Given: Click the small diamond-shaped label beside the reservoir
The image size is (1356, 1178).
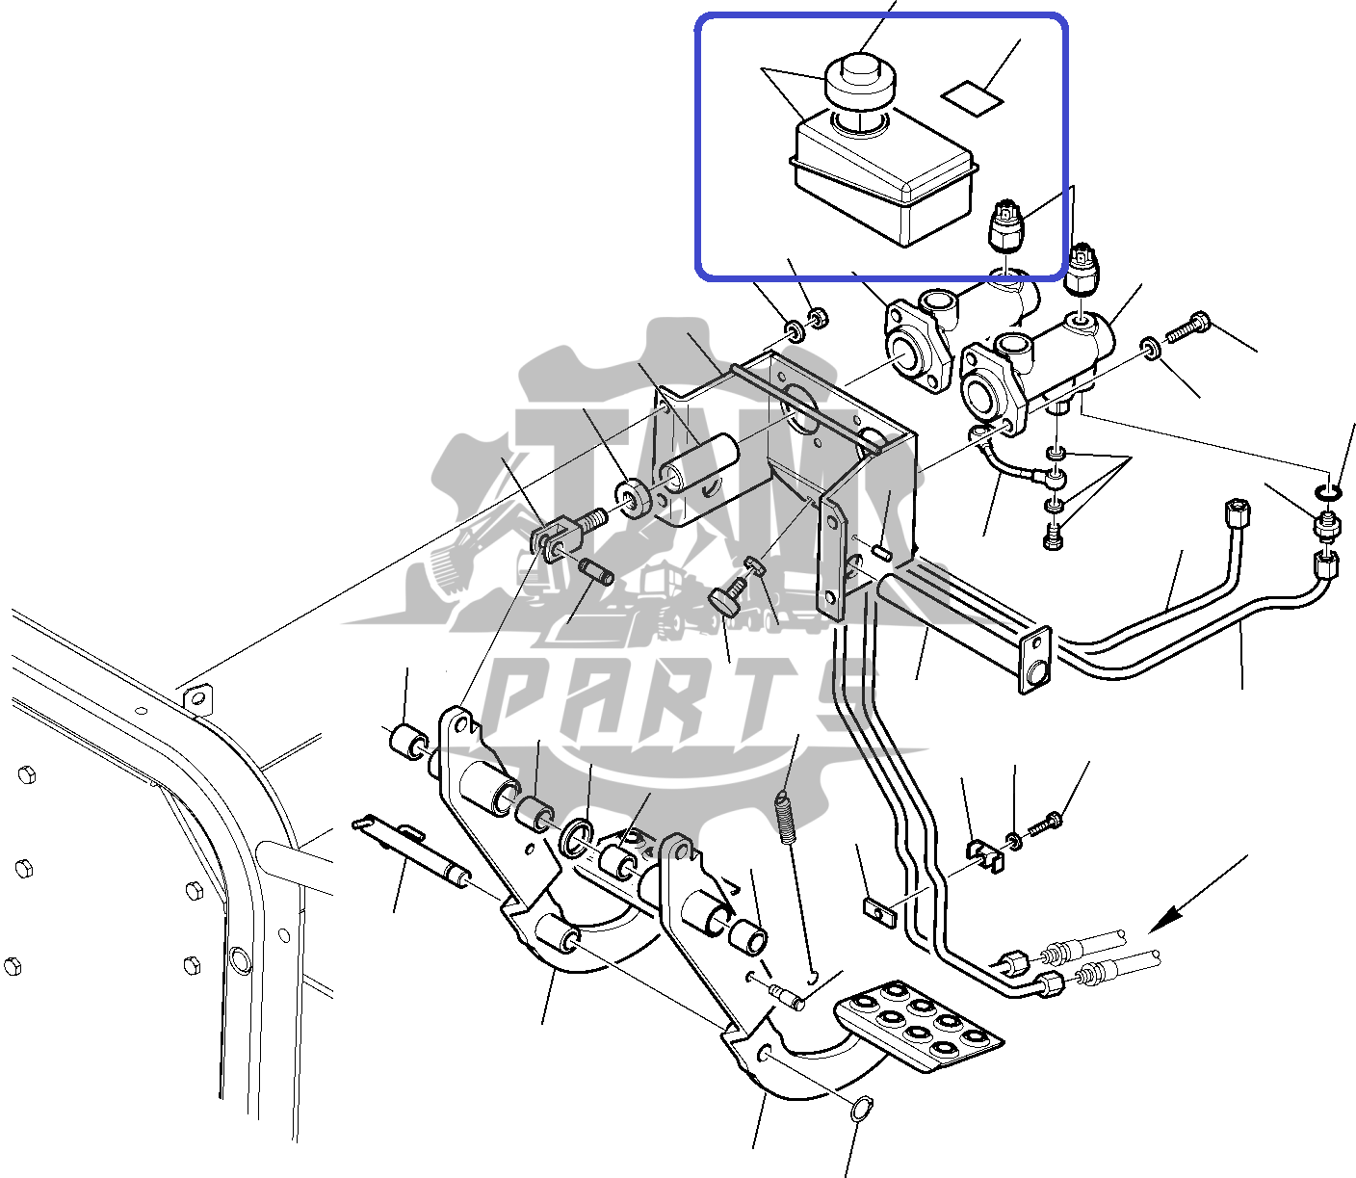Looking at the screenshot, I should tap(972, 97).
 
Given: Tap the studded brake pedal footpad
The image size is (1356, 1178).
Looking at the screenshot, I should tap(919, 1025).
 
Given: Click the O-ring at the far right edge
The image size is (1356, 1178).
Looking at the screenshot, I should tap(1328, 493).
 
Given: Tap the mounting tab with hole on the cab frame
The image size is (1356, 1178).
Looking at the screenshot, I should tap(197, 699).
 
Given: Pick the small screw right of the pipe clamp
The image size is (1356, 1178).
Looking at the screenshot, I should tap(1046, 825).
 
